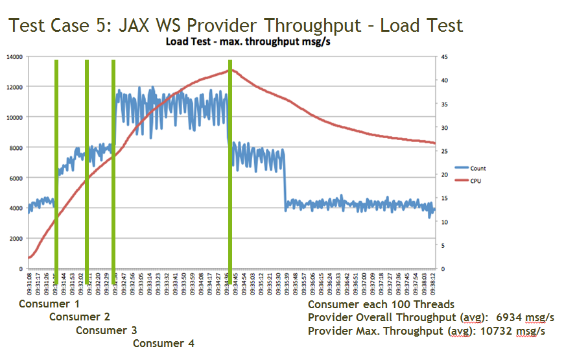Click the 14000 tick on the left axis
[15, 57]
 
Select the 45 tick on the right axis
[445, 57]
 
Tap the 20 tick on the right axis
[445, 174]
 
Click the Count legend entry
[478, 169]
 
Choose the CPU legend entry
[476, 181]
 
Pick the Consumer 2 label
[79, 317]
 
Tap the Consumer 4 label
[163, 343]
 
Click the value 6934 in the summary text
[510, 318]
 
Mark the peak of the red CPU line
[229, 70]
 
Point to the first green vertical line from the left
[56, 169]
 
